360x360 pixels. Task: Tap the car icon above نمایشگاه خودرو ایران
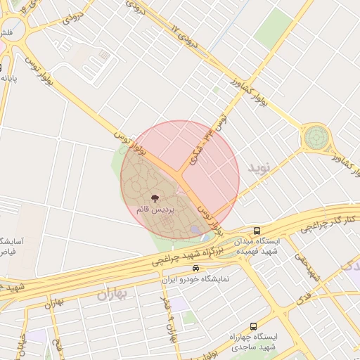click(195, 269)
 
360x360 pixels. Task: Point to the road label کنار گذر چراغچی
click(328, 224)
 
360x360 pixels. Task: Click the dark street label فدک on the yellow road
click(304, 298)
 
